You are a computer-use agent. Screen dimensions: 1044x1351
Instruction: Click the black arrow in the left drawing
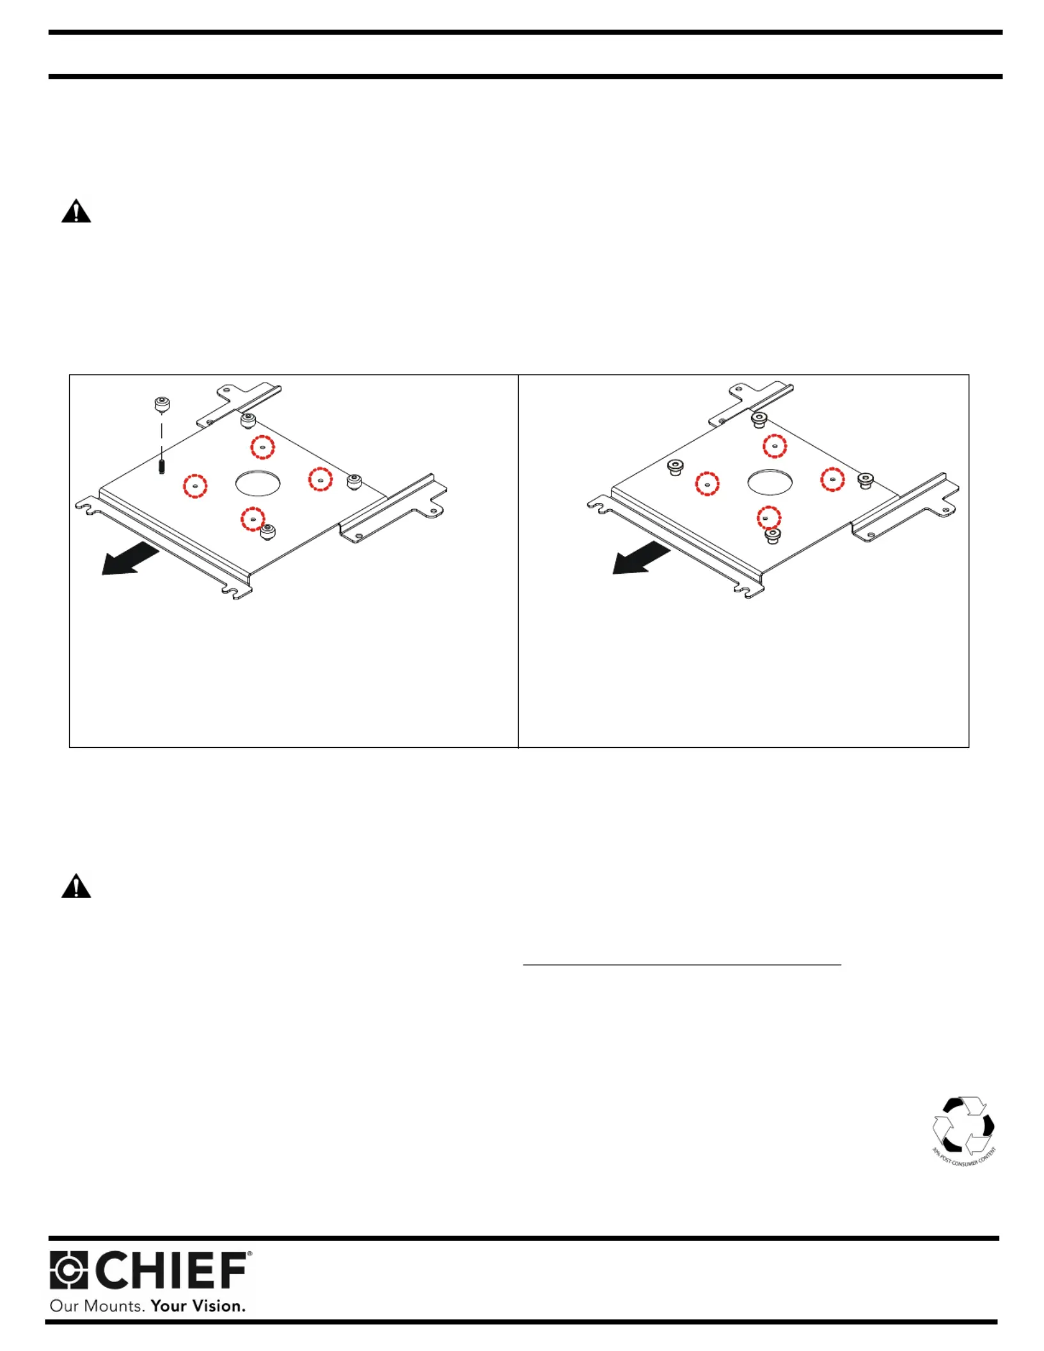coord(130,558)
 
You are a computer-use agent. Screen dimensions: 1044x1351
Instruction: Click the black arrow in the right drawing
coord(641,558)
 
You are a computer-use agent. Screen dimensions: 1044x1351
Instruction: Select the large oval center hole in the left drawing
coord(258,483)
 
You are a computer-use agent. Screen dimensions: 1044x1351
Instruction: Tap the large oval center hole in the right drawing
coord(770,482)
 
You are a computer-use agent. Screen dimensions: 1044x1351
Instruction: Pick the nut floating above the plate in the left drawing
coord(162,404)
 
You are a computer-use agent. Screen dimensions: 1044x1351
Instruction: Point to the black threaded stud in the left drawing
coord(162,466)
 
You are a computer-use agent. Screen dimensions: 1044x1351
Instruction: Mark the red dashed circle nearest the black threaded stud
coord(195,486)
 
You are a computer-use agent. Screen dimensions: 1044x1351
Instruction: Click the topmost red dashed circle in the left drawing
coord(262,446)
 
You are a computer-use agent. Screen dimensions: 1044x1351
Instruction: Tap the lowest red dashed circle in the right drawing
coord(769,517)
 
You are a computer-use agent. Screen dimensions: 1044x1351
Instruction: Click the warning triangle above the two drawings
coord(76,211)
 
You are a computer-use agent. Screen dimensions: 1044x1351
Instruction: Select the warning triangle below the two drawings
coord(76,887)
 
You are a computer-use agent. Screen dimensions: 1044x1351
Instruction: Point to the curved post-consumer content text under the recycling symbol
coord(964,1158)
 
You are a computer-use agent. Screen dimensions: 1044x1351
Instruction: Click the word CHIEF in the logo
coord(171,1271)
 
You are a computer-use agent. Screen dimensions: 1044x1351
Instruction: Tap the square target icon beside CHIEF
coord(68,1270)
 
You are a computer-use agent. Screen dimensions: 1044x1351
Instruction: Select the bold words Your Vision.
coord(198,1306)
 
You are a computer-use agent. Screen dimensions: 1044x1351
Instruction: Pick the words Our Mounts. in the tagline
coord(97,1306)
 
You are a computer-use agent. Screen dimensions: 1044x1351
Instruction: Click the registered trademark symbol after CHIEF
coord(249,1254)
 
